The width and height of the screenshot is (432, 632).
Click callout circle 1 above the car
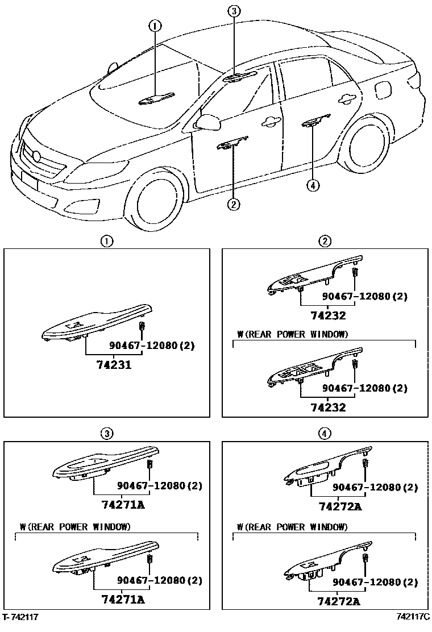[x=155, y=25]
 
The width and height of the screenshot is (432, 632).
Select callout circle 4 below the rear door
[x=311, y=184]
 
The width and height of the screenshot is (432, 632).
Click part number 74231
[x=109, y=365]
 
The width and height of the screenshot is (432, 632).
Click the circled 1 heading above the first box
[x=106, y=241]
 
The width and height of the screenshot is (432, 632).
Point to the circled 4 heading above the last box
[x=324, y=434]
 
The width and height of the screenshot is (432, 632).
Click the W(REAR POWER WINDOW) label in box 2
[x=293, y=334]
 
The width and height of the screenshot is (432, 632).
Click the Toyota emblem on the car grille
[x=38, y=156]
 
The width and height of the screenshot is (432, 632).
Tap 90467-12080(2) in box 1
[x=151, y=346]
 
